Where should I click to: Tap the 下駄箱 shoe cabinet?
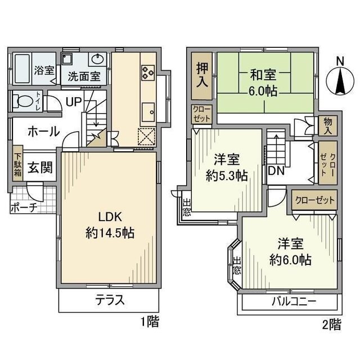click(x=18, y=164)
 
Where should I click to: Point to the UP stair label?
click(x=73, y=102)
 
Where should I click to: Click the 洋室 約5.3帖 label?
click(x=227, y=167)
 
